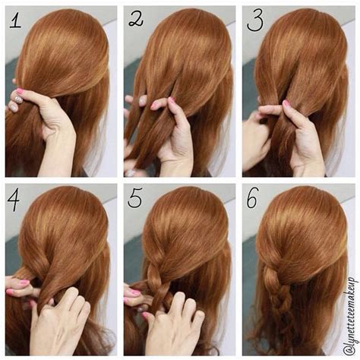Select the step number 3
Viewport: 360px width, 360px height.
[255, 19]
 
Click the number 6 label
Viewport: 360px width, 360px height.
[255, 200]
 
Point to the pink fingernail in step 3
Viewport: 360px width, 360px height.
[286, 103]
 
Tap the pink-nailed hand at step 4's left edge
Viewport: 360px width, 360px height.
[19, 287]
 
